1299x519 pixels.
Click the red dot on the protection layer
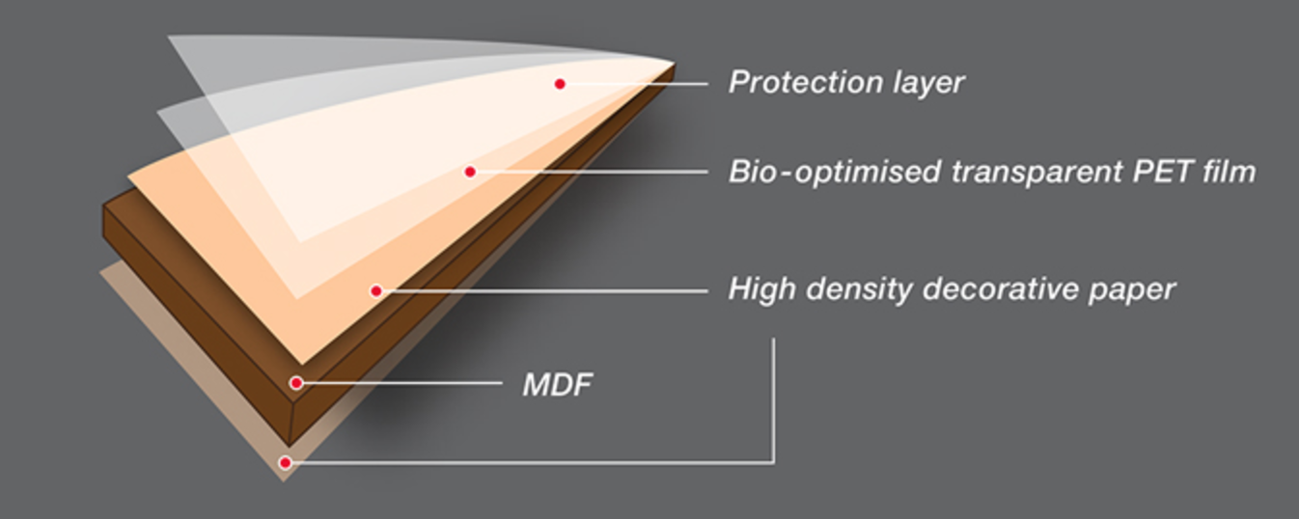560,84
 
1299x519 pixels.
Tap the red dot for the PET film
470,172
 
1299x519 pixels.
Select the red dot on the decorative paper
375,290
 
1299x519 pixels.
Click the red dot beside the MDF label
296,383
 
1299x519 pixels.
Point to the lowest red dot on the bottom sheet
285,462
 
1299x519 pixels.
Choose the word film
1230,171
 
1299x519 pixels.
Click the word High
762,289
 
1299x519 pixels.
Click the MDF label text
557,385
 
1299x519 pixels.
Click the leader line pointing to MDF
401,383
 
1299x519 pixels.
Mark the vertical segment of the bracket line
773,400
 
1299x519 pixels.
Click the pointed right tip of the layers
675,63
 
